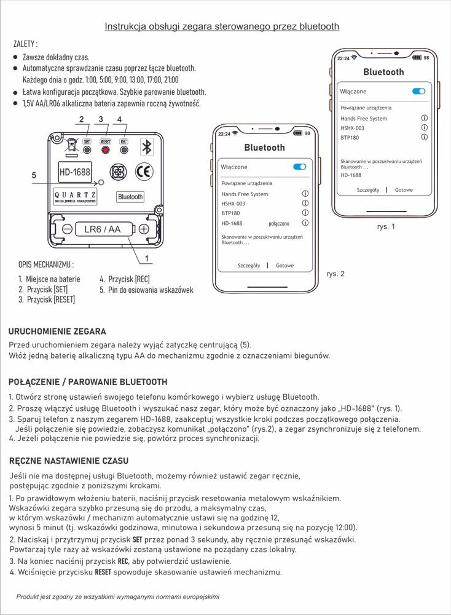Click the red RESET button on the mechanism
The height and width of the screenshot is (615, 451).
(105, 150)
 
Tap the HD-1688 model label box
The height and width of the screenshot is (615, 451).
(75, 172)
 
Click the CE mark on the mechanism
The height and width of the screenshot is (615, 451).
(144, 172)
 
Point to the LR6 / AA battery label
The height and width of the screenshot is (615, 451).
(103, 229)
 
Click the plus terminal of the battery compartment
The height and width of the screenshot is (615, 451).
(144, 229)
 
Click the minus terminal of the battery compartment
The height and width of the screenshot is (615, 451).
(67, 229)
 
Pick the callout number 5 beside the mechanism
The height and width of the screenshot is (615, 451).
(34, 175)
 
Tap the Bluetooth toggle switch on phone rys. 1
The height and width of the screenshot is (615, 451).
(418, 91)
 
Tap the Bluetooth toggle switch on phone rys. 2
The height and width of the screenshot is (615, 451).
(299, 167)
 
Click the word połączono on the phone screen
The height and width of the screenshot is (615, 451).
(280, 223)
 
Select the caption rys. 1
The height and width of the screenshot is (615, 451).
(385, 226)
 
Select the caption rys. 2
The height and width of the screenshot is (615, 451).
(335, 274)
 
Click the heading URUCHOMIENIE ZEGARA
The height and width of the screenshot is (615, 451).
(57, 331)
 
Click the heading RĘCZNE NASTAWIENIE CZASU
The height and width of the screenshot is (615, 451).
(69, 461)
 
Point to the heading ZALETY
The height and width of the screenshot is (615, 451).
(25, 44)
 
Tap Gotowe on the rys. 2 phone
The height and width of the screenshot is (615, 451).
(284, 266)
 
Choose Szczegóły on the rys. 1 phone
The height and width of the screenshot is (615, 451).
(367, 190)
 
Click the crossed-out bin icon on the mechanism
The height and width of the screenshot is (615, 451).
(71, 145)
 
